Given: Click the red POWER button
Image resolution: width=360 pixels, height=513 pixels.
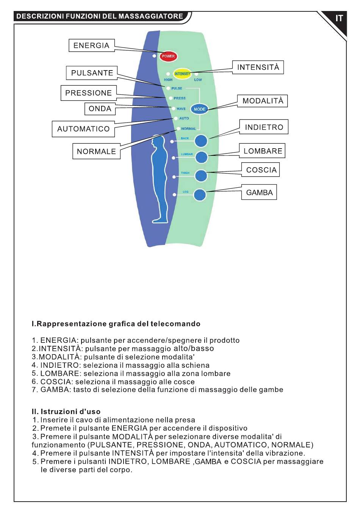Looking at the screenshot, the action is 168,56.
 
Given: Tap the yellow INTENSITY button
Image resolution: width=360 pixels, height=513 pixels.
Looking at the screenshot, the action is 182,74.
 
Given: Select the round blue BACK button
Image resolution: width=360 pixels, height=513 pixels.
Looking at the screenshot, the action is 201,141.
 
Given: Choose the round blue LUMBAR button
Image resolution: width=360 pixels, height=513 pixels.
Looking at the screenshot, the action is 201,157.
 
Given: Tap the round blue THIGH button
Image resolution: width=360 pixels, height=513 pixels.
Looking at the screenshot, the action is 201,176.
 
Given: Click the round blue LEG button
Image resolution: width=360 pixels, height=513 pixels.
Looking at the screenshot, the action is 200,195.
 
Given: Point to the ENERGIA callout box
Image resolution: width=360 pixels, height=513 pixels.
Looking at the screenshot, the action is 92,45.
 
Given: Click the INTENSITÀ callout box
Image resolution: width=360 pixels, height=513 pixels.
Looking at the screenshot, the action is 258,67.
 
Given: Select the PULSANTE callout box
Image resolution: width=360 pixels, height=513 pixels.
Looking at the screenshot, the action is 92,73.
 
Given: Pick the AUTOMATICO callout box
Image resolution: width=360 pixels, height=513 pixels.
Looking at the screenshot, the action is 83,129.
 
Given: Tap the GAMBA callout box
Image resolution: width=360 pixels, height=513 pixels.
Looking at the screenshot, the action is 259,192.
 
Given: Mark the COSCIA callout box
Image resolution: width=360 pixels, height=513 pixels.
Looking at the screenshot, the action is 260,170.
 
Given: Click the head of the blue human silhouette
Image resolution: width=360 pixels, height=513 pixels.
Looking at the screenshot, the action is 159,141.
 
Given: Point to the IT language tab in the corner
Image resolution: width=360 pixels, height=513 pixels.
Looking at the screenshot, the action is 339,18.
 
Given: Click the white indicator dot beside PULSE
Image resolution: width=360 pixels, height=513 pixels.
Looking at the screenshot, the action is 168,88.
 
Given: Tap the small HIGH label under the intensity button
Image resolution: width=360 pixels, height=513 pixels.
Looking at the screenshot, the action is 168,80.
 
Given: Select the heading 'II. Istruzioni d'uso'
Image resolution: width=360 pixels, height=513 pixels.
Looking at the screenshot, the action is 66,411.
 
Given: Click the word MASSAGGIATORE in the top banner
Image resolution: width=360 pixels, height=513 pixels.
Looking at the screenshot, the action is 151,16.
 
